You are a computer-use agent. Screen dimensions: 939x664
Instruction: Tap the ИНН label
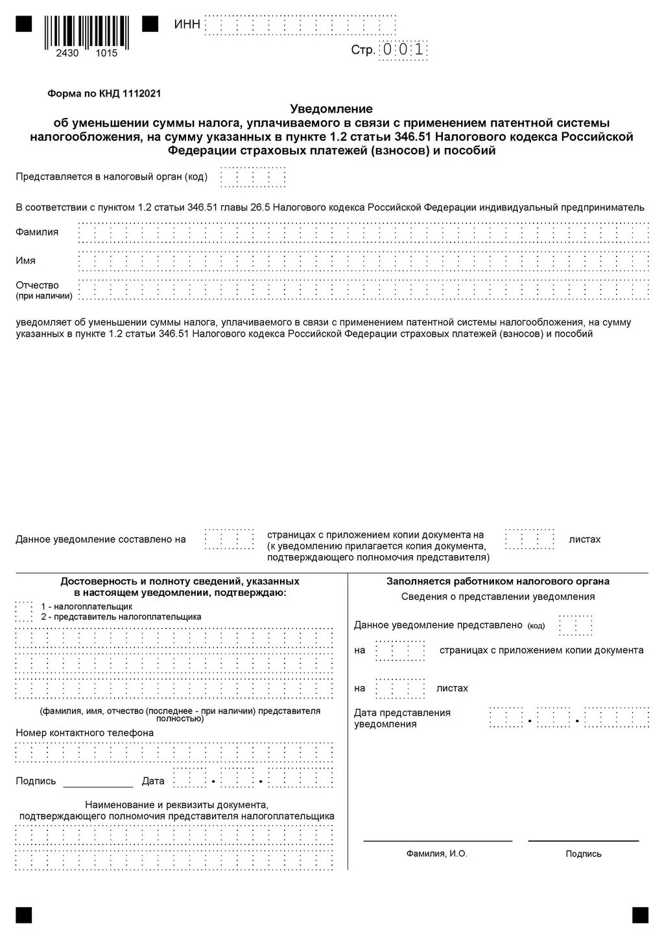point(187,25)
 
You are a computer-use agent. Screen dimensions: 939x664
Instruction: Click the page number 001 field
point(403,50)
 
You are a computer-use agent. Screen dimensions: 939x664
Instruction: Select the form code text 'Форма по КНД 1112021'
point(104,93)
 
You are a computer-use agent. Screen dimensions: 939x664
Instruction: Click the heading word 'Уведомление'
point(331,108)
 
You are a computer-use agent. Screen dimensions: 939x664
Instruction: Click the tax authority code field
point(253,177)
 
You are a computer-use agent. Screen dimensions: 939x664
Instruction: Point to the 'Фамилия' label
point(37,232)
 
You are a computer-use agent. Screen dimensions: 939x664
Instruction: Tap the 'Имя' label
point(26,261)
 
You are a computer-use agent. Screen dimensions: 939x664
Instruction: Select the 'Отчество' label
point(37,285)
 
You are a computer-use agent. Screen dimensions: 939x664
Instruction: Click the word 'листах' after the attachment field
point(584,540)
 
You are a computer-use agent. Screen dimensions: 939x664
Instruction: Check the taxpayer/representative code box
point(24,612)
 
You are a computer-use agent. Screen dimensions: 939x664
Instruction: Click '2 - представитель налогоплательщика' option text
point(121,617)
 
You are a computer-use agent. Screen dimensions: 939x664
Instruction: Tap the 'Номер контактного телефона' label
point(85,733)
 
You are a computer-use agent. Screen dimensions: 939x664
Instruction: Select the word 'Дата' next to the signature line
point(153,781)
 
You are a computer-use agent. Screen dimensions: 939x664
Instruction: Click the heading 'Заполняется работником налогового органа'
point(498,581)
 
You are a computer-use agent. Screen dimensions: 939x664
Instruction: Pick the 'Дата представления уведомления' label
point(402,718)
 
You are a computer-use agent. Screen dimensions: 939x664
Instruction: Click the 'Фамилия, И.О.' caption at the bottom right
point(436,853)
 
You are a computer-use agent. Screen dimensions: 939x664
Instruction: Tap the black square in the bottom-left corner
point(24,914)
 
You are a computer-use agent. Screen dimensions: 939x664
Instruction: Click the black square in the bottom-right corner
point(640,914)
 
